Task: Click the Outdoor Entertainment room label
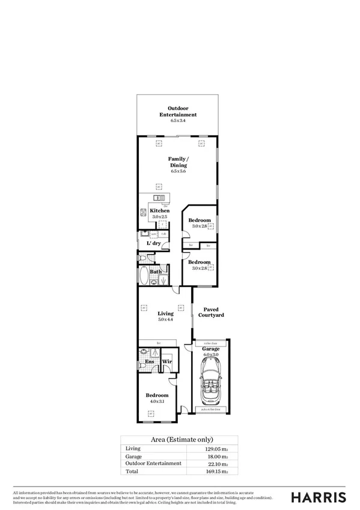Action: click(x=178, y=111)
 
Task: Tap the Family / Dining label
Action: click(x=178, y=161)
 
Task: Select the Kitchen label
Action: click(x=159, y=210)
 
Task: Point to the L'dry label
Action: click(x=154, y=243)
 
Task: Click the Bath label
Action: click(x=155, y=272)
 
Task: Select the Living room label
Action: click(x=165, y=313)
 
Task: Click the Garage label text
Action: click(x=210, y=349)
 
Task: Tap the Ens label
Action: click(x=150, y=362)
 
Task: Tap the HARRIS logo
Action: click(x=319, y=497)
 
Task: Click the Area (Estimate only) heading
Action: click(x=179, y=440)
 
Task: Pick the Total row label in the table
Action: click(x=132, y=472)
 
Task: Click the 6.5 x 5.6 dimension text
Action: click(x=178, y=171)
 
